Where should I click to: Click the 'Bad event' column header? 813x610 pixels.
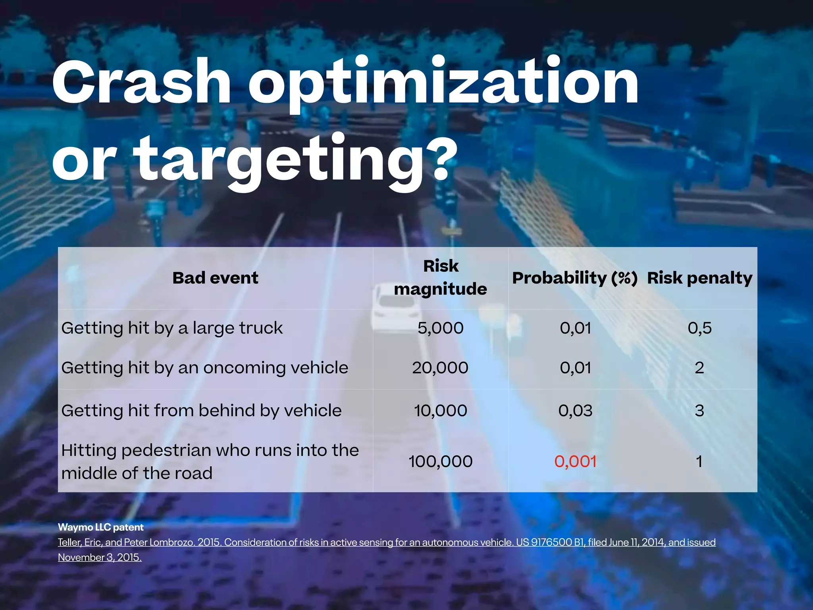click(x=215, y=278)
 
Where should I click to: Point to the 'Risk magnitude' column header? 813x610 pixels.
click(x=441, y=277)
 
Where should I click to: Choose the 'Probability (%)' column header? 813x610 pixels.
click(x=575, y=278)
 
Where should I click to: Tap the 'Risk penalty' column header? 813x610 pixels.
click(x=699, y=278)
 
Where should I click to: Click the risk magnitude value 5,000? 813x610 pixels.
click(x=441, y=328)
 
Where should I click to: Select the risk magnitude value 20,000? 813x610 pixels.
click(x=440, y=368)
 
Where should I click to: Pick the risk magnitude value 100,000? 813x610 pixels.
click(x=441, y=461)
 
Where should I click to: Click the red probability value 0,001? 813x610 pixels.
click(x=575, y=461)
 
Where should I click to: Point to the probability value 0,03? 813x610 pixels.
click(x=575, y=411)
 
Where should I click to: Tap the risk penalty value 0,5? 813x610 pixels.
click(x=699, y=328)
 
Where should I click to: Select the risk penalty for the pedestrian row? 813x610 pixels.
click(x=699, y=461)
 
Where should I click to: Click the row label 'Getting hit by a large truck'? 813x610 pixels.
click(x=172, y=328)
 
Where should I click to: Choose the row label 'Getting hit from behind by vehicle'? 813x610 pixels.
click(x=201, y=411)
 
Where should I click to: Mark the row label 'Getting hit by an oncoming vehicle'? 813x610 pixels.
click(x=204, y=368)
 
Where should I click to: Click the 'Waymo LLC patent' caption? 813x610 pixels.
click(x=101, y=527)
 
